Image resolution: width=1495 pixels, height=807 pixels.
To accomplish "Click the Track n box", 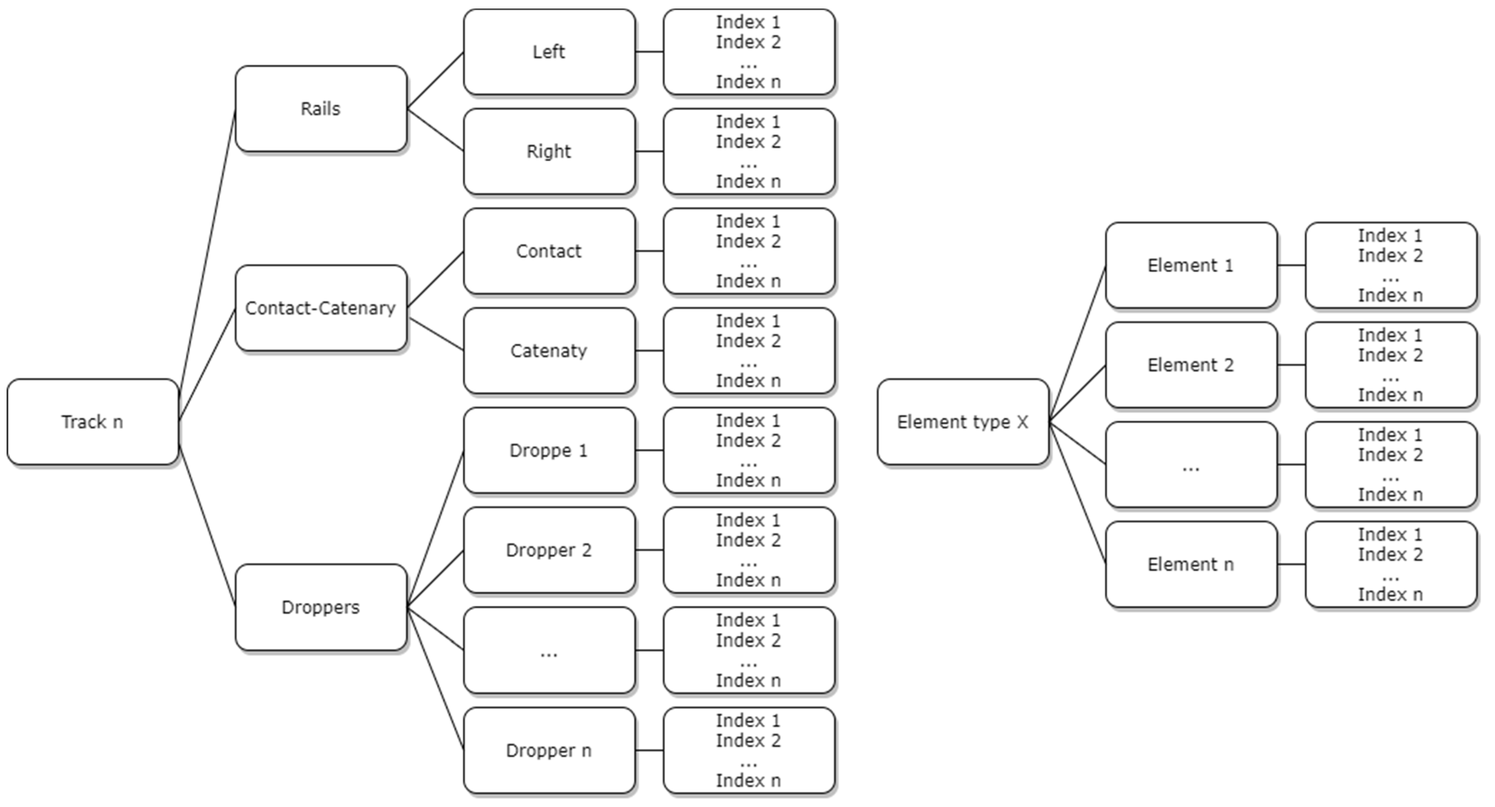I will (x=92, y=422).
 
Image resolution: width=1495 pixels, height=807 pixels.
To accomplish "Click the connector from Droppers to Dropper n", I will (x=435, y=679).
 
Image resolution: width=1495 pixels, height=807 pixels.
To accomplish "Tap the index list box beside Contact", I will (x=749, y=251).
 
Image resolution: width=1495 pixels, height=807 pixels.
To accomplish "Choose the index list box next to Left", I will (x=749, y=52).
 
